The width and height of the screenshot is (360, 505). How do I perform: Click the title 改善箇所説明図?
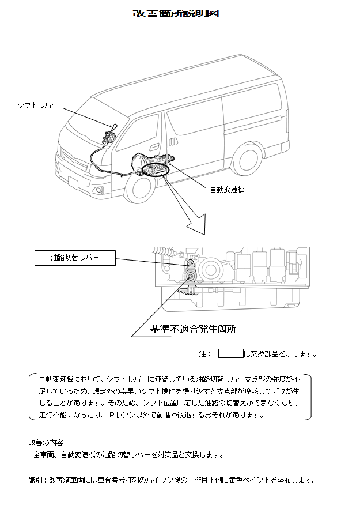176,13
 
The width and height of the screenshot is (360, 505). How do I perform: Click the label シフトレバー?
37,105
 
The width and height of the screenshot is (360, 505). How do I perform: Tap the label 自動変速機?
226,189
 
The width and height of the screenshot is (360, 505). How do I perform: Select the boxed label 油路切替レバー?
75,258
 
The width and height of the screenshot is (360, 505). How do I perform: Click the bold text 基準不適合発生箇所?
193,330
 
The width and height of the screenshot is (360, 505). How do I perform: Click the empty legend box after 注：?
230,353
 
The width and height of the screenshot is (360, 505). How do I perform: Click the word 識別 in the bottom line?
36,480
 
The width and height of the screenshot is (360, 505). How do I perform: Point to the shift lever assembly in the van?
108,137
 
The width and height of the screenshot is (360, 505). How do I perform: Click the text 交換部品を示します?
281,353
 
